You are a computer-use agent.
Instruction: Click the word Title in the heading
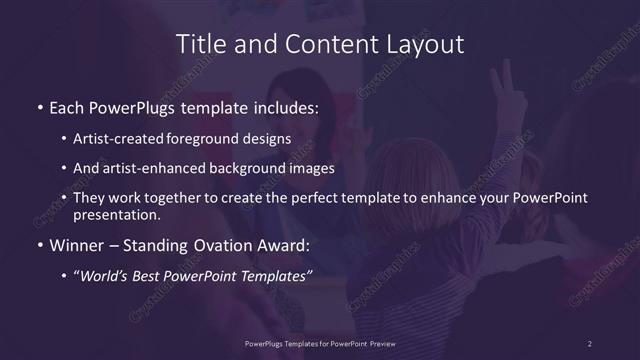(200, 44)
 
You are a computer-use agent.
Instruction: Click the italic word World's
(107, 275)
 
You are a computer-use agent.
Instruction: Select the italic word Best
(151, 275)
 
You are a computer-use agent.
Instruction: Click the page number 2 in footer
(590, 343)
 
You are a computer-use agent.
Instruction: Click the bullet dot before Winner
(39, 244)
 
